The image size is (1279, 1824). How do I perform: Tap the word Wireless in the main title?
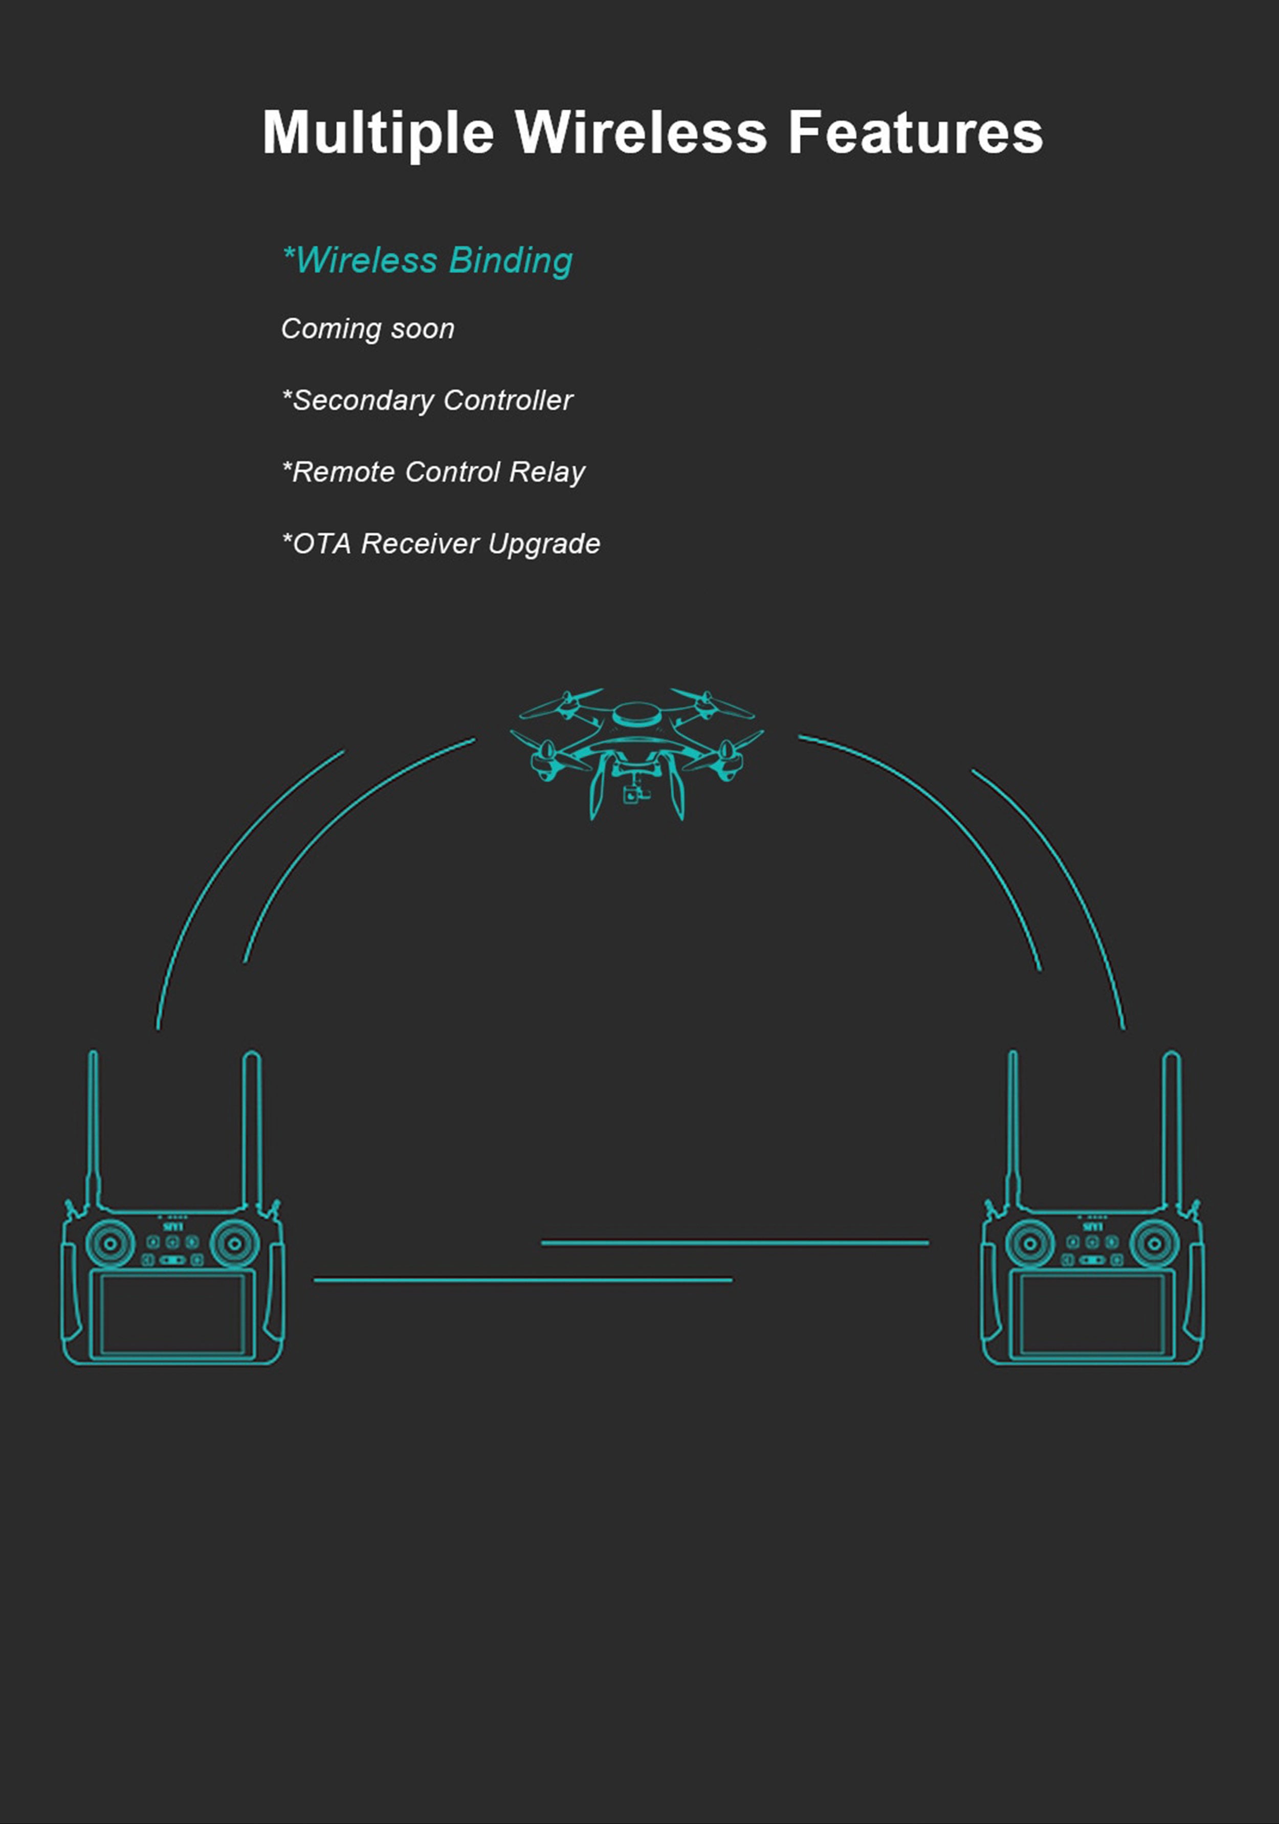point(641,132)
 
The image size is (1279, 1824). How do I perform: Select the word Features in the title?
point(915,132)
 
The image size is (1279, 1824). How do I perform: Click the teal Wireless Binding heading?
point(427,260)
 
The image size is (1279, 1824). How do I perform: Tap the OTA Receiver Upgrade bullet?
point(442,543)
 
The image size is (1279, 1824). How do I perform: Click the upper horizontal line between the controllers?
point(735,1242)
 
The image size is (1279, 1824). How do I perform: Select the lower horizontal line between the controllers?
point(523,1280)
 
